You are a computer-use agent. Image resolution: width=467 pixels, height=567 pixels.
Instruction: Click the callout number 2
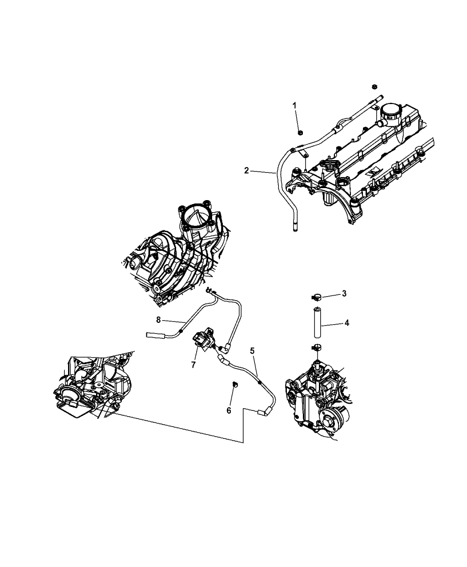click(x=246, y=170)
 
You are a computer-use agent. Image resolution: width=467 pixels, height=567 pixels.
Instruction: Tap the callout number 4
click(x=346, y=323)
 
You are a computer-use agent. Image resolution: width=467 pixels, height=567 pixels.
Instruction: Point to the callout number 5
click(x=252, y=350)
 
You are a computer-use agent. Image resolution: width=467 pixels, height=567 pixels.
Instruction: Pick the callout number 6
click(x=229, y=410)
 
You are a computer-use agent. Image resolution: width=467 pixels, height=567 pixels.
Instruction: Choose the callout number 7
click(x=193, y=365)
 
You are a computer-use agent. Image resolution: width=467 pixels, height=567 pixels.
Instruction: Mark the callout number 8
click(x=158, y=319)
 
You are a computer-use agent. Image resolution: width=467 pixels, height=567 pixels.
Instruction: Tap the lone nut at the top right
click(x=375, y=86)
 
